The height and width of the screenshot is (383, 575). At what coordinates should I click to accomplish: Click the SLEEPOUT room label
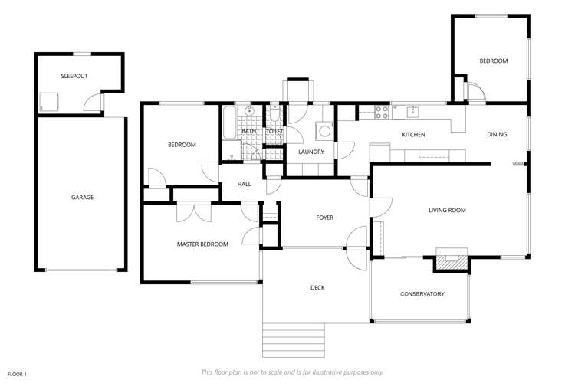click(x=74, y=76)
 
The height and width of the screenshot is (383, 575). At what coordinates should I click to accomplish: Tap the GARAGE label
click(x=82, y=197)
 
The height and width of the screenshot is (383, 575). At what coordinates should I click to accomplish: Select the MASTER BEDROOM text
click(x=202, y=244)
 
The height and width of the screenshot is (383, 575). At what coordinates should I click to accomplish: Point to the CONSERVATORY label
click(x=422, y=294)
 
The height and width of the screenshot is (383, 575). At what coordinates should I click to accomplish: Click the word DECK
click(x=317, y=288)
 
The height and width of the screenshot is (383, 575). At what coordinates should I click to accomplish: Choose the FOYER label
click(x=324, y=218)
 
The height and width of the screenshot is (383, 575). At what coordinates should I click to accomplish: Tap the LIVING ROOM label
click(x=447, y=211)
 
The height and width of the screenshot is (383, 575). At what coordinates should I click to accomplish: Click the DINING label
click(x=497, y=135)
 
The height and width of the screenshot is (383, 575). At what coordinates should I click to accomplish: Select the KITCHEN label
click(x=413, y=135)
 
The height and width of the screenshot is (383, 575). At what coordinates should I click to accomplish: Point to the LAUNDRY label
click(x=311, y=152)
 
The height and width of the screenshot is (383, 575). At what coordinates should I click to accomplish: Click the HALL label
click(x=244, y=184)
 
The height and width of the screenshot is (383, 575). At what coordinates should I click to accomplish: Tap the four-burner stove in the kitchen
click(x=382, y=113)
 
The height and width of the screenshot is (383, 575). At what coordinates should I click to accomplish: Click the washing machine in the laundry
click(x=324, y=131)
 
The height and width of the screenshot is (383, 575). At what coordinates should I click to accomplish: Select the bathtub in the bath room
click(x=229, y=123)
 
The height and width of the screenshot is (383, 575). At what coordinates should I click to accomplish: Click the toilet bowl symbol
click(x=274, y=114)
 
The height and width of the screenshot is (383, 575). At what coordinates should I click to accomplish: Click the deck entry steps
click(x=294, y=340)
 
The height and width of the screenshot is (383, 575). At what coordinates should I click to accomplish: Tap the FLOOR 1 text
click(x=17, y=375)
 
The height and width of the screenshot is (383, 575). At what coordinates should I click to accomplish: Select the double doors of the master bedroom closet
click(x=194, y=213)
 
